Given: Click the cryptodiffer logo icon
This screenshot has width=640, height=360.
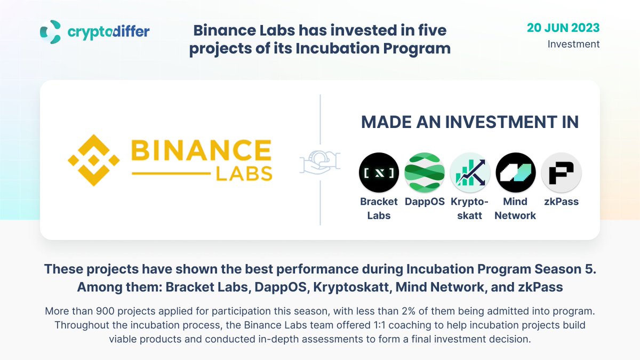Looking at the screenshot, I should (51, 31).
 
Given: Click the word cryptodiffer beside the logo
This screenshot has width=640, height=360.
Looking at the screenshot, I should (108, 32).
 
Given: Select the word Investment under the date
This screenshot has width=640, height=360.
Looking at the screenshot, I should (573, 44).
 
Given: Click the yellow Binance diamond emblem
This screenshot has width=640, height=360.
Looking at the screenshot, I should (94, 159).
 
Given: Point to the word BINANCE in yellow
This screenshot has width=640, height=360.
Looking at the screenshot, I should (201, 151).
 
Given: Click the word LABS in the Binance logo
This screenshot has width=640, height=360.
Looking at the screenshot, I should (245, 173).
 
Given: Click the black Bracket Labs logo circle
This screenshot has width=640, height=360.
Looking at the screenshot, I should (379, 172).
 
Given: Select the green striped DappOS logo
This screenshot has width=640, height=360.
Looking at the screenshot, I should (425, 172).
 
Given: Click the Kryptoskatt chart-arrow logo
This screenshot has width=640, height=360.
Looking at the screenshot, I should (470, 172).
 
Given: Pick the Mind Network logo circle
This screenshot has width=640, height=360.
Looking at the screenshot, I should (515, 172).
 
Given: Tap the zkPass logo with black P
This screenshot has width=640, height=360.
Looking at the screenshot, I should (561, 172).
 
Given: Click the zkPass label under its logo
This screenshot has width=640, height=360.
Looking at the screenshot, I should (561, 202).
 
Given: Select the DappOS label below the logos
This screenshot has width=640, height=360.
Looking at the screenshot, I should (425, 202).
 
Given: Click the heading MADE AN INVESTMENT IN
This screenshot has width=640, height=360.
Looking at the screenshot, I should (470, 122).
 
